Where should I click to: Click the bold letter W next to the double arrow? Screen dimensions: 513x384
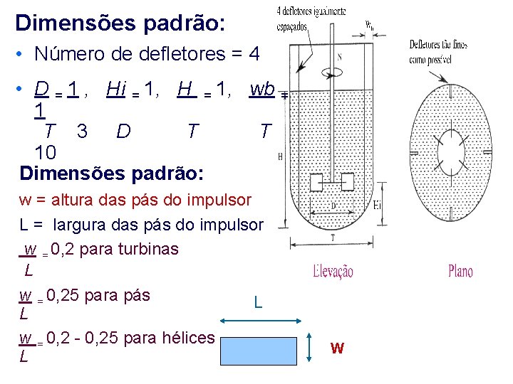click(x=338, y=348)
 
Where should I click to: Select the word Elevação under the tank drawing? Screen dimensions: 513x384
click(x=333, y=271)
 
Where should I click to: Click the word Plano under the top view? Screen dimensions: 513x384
click(x=460, y=271)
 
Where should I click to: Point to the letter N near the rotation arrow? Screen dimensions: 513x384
click(x=338, y=57)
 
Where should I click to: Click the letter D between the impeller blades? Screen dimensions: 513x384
click(x=333, y=206)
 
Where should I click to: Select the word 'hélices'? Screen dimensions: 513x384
click(x=191, y=337)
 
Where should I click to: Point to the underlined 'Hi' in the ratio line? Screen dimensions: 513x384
click(x=115, y=89)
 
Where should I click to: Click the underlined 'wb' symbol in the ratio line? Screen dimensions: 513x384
click(x=262, y=89)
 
